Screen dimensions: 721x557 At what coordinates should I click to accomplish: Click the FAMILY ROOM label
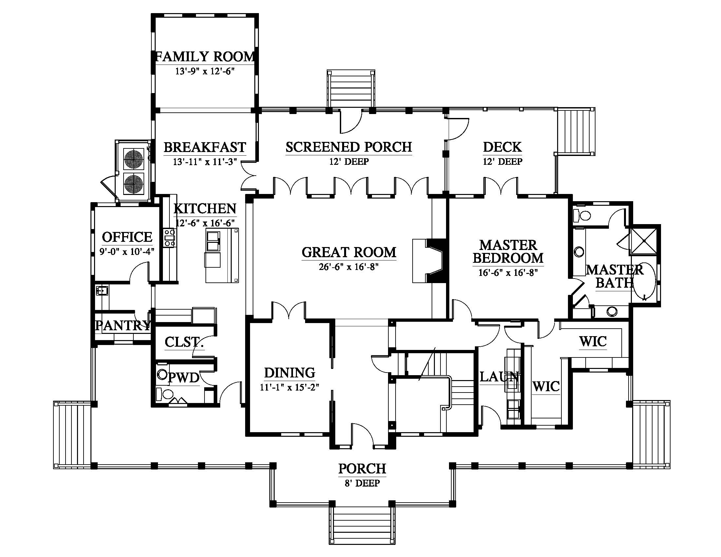205,57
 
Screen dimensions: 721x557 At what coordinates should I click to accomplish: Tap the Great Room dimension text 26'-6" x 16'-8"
349,267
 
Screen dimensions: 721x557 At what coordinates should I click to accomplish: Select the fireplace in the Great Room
429,261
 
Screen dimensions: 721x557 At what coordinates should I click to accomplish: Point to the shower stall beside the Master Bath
645,241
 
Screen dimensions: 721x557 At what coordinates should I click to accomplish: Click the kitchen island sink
213,241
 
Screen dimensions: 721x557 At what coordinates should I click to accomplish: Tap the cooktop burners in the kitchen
170,238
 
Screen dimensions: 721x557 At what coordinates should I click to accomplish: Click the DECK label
502,147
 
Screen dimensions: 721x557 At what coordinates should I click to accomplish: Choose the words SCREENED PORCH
349,147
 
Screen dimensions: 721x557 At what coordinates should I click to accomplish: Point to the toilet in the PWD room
166,394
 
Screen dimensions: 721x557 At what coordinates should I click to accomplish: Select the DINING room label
289,373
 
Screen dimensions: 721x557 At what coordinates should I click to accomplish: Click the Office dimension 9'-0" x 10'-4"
127,252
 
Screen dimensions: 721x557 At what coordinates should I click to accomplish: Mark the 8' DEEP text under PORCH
362,483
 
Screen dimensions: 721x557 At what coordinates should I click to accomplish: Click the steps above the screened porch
351,89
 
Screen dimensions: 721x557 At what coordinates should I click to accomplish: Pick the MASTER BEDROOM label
508,252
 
